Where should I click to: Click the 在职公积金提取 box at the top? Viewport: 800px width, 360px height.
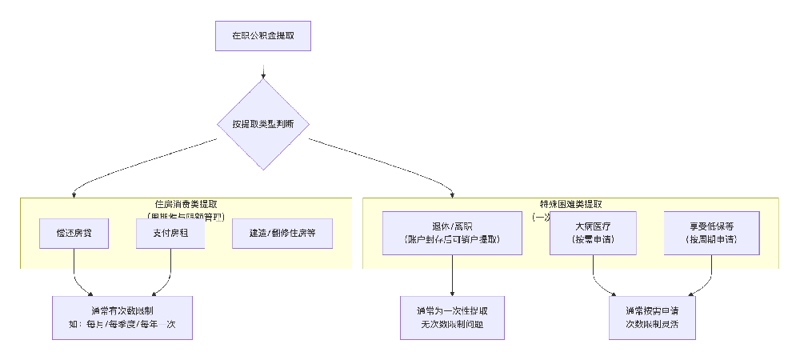pos(262,36)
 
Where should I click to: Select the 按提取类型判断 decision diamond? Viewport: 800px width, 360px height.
pos(262,124)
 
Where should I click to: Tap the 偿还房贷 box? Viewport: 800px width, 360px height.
pos(74,233)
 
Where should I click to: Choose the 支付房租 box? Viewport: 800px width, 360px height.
pos(170,233)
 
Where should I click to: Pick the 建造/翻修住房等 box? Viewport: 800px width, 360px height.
pos(282,233)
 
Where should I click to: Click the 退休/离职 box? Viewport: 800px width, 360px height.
pos(453,233)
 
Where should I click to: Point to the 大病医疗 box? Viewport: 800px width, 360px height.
pos(593,233)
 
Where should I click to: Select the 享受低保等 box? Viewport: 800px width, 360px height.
pos(711,233)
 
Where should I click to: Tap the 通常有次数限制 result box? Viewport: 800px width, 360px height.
pos(122,318)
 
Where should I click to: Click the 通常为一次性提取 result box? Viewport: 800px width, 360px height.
pos(453,318)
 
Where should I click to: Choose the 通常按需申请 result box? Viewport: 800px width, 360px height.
pos(652,318)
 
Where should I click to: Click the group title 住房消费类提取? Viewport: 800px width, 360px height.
pos(186,204)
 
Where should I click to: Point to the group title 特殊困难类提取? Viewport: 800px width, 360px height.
pos(570,204)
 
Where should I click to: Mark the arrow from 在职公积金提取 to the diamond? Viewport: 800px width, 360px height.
pos(262,66)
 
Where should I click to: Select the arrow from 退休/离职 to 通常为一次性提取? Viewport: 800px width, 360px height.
pos(453,275)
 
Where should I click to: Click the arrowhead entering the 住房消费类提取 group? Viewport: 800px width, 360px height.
pos(74,194)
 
